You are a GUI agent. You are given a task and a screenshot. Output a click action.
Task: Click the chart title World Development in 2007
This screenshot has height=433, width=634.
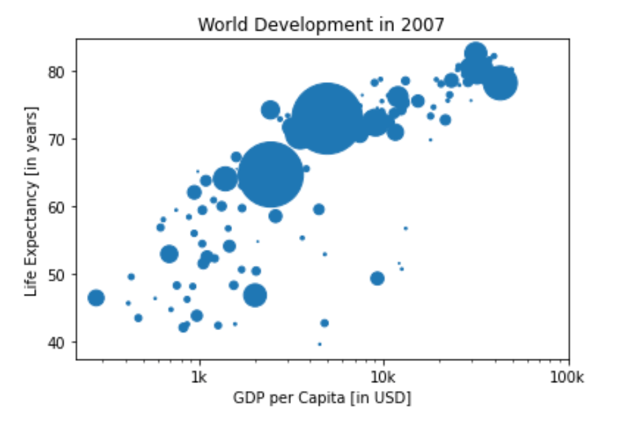pos(321,25)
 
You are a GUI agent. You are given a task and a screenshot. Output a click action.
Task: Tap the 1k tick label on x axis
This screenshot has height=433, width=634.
pos(199,378)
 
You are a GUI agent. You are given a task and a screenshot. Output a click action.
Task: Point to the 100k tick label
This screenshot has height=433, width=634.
pos(568,378)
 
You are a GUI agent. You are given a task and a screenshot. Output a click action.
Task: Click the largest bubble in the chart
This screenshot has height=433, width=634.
pos(326,118)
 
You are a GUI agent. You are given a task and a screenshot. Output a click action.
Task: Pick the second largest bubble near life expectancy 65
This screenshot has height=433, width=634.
pos(270,174)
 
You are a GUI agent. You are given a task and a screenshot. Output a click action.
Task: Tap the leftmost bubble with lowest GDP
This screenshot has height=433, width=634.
pos(96,298)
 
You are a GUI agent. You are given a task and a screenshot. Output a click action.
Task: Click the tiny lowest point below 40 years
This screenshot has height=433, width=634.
pos(320,344)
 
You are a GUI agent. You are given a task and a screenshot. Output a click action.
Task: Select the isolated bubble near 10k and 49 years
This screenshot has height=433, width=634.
pos(377,279)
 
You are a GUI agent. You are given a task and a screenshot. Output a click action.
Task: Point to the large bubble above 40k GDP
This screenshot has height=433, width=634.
pos(500,84)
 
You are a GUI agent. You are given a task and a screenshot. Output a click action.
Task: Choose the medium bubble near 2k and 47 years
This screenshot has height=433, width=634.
pos(255,295)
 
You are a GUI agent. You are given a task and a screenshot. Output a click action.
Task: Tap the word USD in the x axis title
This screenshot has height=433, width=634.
pos(394,399)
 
